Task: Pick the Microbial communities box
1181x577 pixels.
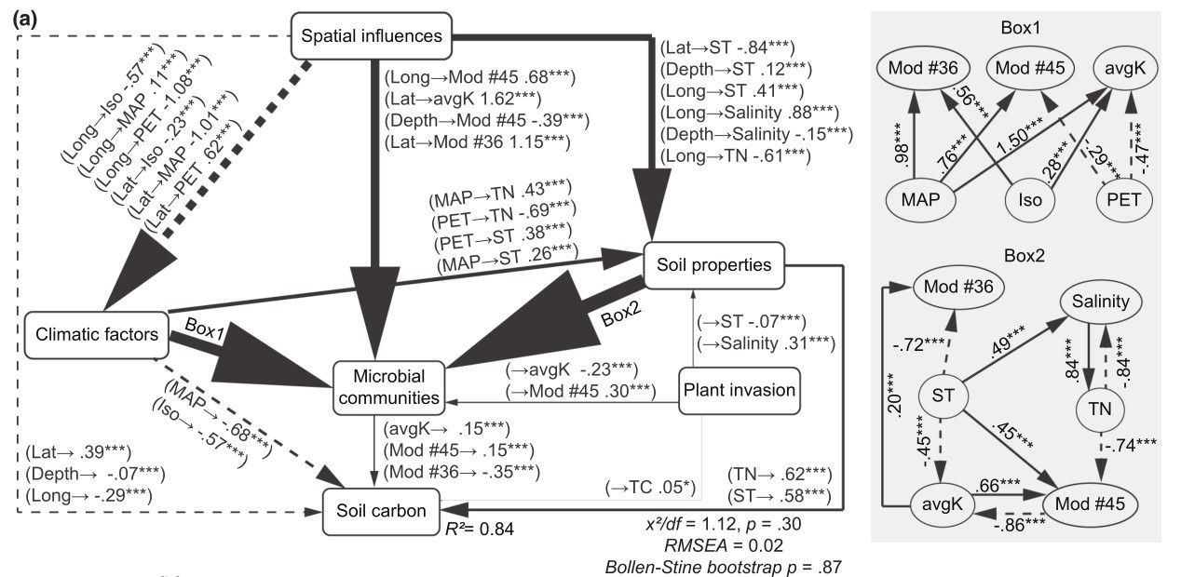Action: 388,386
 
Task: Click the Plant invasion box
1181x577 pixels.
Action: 740,389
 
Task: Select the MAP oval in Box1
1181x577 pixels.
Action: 918,199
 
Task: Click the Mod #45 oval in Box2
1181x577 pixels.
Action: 1091,503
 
